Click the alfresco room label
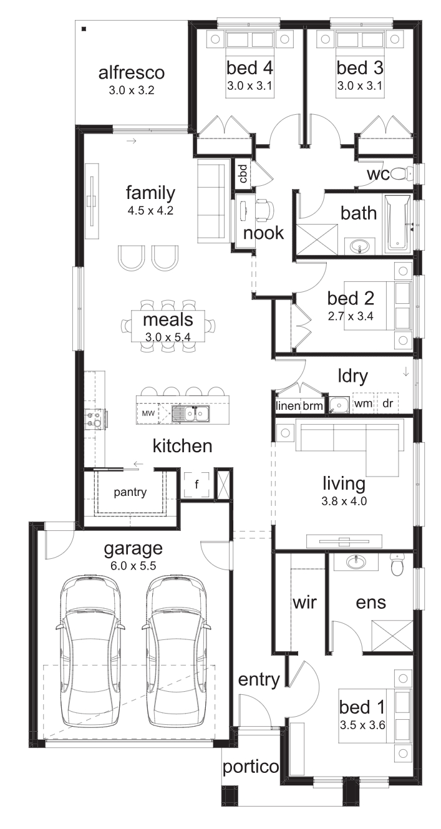pyautogui.click(x=132, y=72)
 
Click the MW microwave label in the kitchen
pyautogui.click(x=148, y=413)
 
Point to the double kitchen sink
pyautogui.click(x=190, y=414)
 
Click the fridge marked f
pyautogui.click(x=196, y=484)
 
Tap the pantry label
pyautogui.click(x=130, y=493)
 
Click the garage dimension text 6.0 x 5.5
pyautogui.click(x=133, y=566)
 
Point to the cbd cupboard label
pyautogui.click(x=243, y=173)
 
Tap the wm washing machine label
pyautogui.click(x=363, y=404)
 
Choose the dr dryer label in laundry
pyautogui.click(x=388, y=403)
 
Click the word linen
pyautogui.click(x=288, y=406)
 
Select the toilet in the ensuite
pyautogui.click(x=396, y=565)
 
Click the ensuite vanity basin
pyautogui.click(x=356, y=561)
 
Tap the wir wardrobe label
pyautogui.click(x=305, y=603)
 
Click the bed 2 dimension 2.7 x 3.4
pyautogui.click(x=351, y=316)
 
